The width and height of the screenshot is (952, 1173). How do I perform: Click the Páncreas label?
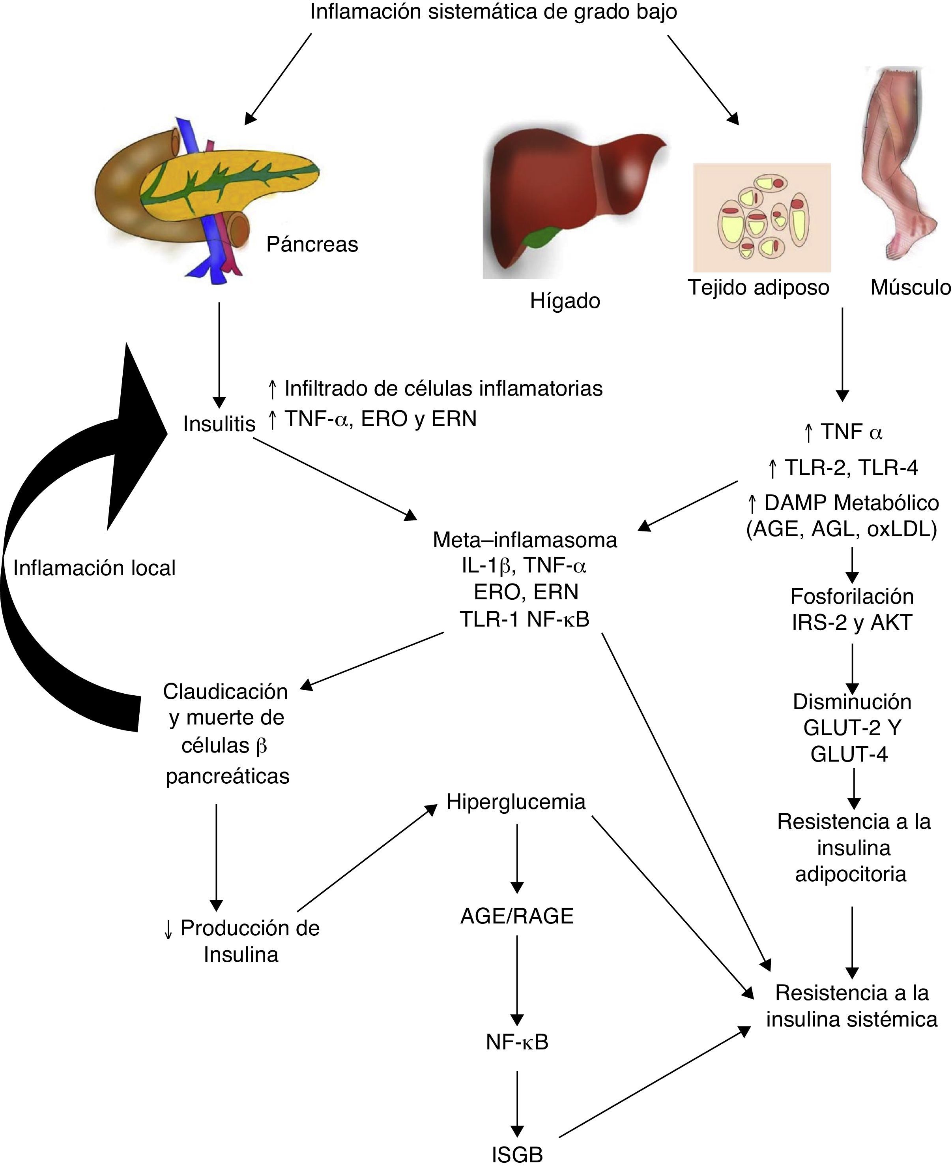tap(312, 244)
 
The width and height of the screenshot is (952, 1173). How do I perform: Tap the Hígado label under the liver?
tap(565, 301)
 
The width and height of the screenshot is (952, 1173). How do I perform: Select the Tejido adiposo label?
tap(758, 287)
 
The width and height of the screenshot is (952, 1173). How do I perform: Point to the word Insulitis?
tap(219, 424)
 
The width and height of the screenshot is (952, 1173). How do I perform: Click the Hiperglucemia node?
tap(516, 801)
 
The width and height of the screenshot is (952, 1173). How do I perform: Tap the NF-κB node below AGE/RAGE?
tap(516, 1041)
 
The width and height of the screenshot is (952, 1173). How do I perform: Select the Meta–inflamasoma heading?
tap(525, 540)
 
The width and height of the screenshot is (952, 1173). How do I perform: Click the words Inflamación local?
tap(94, 568)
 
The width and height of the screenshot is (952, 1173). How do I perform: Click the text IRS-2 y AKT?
tap(852, 622)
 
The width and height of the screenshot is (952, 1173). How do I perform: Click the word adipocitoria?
tap(851, 874)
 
